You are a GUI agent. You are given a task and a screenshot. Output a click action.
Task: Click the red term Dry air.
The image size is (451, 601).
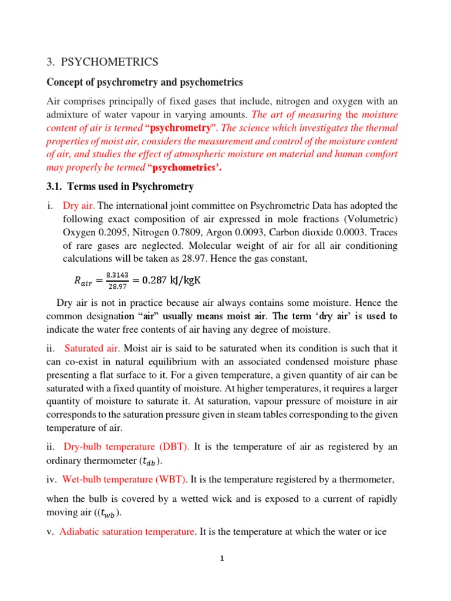(x=79, y=205)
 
